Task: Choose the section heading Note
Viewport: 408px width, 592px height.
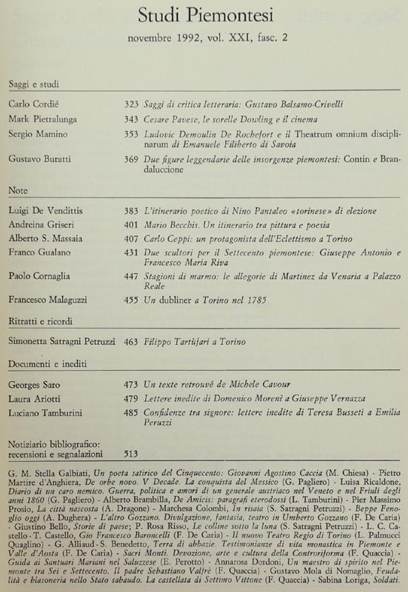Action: (x=19, y=190)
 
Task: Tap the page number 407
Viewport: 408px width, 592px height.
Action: (x=130, y=241)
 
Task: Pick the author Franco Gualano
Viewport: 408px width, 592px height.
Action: (x=40, y=256)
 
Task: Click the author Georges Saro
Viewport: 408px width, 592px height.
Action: (x=36, y=386)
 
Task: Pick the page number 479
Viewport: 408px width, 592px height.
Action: (x=130, y=400)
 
